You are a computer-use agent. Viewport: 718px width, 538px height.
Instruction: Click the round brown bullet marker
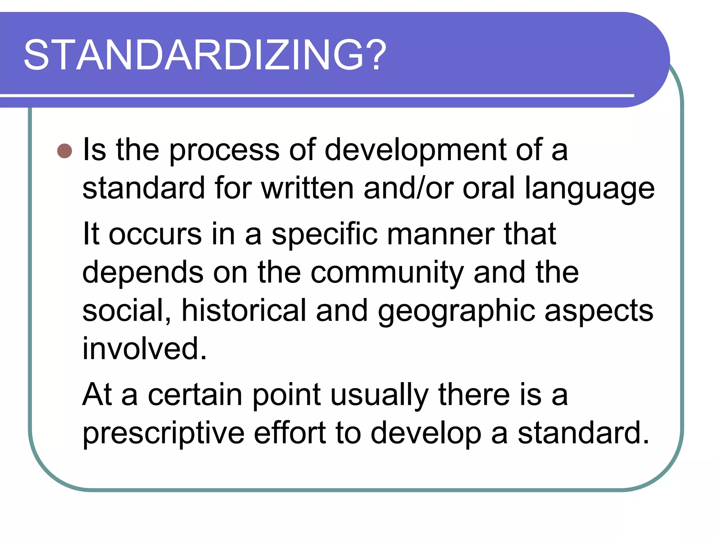coord(65,151)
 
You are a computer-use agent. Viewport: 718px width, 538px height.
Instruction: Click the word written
coord(307,188)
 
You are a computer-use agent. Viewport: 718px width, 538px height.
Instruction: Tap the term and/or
coord(408,188)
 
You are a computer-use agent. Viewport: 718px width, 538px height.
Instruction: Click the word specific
coord(324,235)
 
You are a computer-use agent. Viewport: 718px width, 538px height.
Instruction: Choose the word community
coord(387,273)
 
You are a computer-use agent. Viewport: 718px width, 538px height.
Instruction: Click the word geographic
coord(456,311)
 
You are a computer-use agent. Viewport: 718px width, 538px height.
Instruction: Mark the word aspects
coord(599,311)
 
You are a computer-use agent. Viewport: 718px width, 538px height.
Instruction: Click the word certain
coord(195,395)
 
